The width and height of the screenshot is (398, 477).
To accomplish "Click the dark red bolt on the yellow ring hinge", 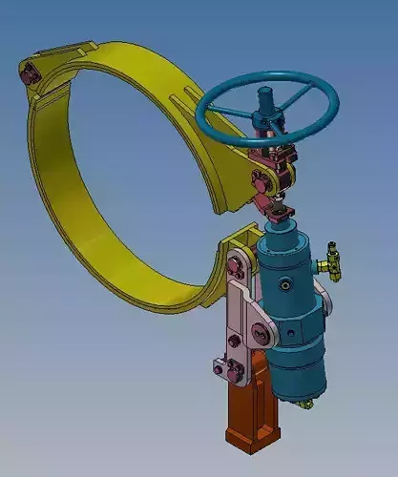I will point(30,73).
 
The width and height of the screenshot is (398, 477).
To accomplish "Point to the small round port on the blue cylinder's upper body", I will point(284,284).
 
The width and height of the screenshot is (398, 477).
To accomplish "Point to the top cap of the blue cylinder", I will point(283,235).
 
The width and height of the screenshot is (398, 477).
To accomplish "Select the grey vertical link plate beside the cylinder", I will point(240,324).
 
